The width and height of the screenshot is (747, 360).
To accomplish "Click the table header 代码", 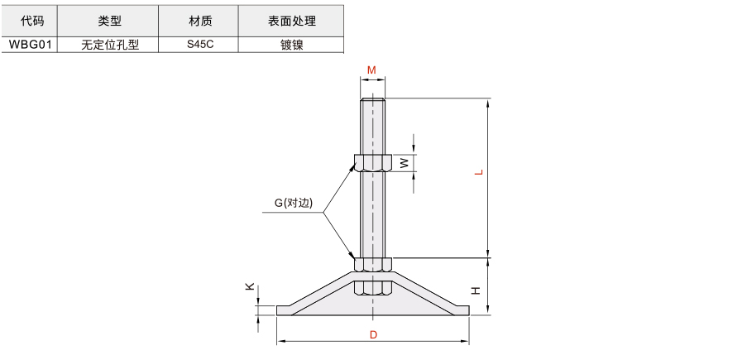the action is tap(32, 21).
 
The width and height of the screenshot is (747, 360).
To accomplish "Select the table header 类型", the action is tap(110, 21).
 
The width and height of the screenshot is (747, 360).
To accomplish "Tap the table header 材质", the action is tap(200, 21).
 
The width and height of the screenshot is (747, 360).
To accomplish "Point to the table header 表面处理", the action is tap(291, 21).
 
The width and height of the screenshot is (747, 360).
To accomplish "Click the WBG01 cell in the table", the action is tap(30, 45).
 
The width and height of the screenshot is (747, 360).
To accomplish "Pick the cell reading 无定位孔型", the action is tap(110, 45).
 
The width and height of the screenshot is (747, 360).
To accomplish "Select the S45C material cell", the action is tap(200, 45).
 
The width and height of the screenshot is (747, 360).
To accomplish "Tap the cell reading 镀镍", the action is tap(291, 45).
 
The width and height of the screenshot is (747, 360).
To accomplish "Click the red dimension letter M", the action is tap(371, 70).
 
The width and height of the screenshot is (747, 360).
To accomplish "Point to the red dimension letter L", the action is tap(479, 172).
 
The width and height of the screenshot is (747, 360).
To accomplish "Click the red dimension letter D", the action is tap(373, 334).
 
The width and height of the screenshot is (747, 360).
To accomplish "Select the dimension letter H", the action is tap(476, 290).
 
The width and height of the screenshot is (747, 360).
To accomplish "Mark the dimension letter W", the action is tap(404, 163).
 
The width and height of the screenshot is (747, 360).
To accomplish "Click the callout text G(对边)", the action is tap(294, 203).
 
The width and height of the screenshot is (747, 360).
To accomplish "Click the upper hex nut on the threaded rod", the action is tap(372, 163).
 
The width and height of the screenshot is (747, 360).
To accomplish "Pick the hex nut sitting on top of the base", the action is tap(373, 265).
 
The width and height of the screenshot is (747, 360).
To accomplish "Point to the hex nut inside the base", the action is tap(373, 287).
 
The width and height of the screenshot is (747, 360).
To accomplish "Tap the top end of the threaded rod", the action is tap(373, 98).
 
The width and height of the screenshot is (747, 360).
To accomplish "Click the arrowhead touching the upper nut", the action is tap(354, 166).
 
